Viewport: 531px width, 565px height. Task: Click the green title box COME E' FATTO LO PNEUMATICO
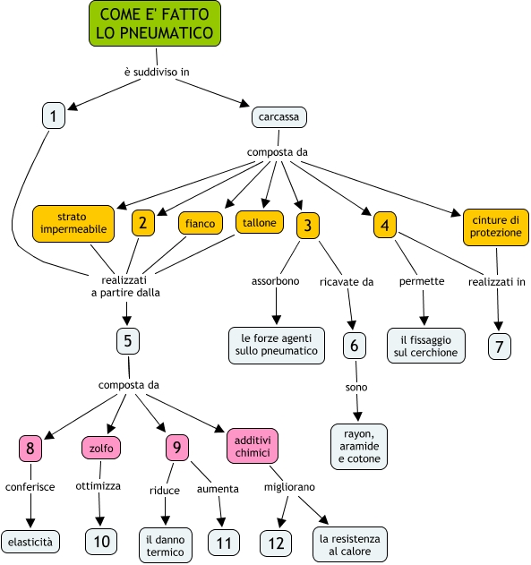[x=155, y=23]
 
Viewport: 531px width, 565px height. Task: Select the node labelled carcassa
[x=279, y=117]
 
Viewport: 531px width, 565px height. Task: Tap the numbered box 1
[x=54, y=116]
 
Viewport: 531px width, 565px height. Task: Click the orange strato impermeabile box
[x=73, y=224]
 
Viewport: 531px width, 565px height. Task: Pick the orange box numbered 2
[x=143, y=223]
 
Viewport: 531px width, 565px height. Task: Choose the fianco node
[x=201, y=224]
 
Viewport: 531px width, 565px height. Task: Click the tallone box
[x=260, y=222]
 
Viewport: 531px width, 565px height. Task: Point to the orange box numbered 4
[x=385, y=226]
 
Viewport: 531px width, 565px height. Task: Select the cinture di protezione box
[x=496, y=227]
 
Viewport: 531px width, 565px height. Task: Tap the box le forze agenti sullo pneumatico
[x=277, y=346]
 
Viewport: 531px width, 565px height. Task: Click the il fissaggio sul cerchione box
[x=426, y=346]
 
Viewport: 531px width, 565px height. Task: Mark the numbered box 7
[x=500, y=347]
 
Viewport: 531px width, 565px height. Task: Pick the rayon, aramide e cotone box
[x=359, y=447]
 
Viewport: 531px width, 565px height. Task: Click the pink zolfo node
[x=101, y=448]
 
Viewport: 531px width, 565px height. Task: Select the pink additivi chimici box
[x=253, y=446]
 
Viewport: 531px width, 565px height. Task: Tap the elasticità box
[x=30, y=541]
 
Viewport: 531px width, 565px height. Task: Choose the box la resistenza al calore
[x=350, y=544]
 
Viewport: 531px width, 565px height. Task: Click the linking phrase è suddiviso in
[x=157, y=72]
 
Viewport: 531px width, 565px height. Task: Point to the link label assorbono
[x=275, y=281]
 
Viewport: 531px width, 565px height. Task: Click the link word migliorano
[x=289, y=487]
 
